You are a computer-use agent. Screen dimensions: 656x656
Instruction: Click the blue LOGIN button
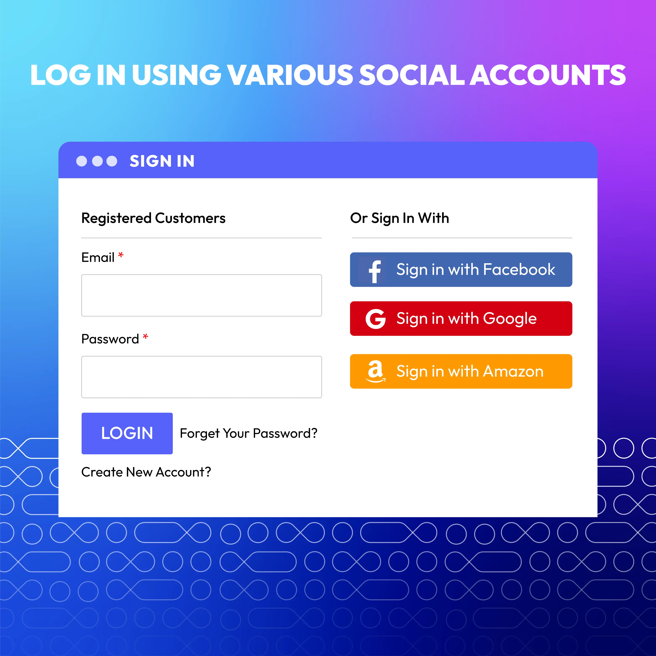coord(127,433)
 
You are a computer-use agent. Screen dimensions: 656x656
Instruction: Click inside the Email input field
coord(201,295)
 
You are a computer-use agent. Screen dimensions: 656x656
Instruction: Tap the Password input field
coord(201,377)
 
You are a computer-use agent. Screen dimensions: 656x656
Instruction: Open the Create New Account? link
coord(146,472)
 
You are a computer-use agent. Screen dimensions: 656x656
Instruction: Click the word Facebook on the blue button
coord(519,270)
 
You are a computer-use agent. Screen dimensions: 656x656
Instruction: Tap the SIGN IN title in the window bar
coord(162,161)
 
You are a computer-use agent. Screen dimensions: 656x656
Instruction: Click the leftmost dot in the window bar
coord(81,161)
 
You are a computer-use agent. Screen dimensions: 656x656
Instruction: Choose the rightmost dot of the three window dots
coord(112,161)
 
